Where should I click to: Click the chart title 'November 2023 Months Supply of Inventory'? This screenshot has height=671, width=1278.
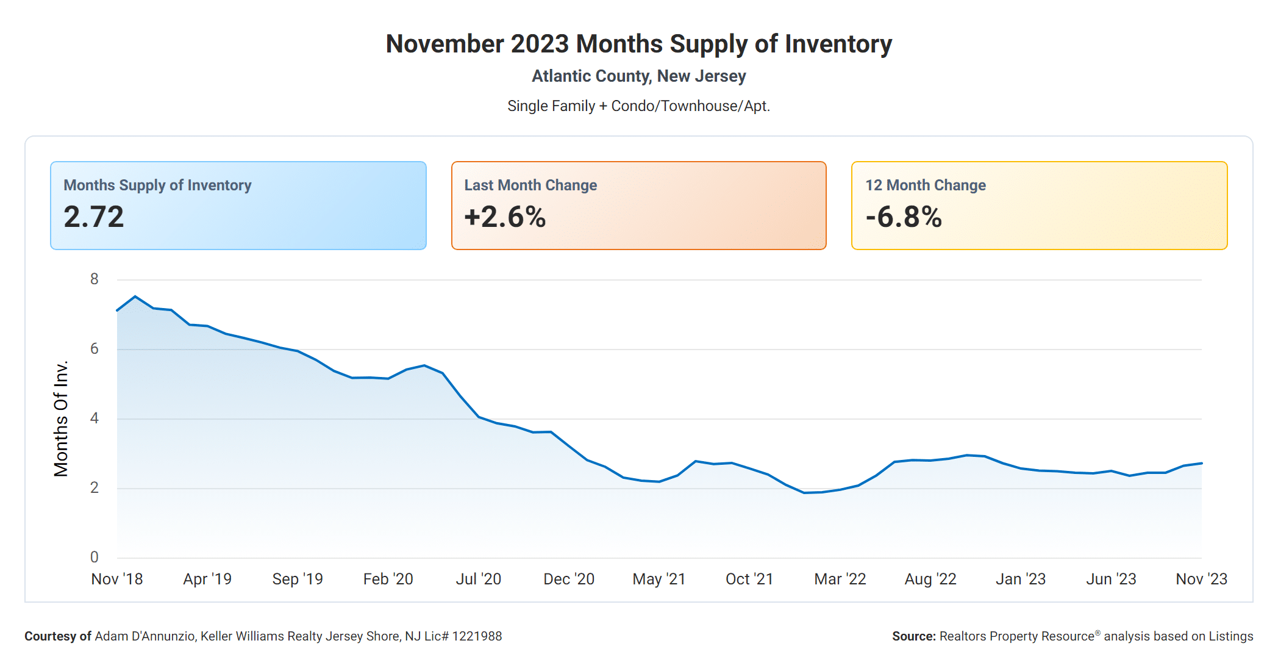click(x=638, y=44)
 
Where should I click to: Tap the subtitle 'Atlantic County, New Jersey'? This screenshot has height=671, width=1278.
click(x=638, y=76)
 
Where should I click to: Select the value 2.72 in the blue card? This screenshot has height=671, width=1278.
click(x=94, y=217)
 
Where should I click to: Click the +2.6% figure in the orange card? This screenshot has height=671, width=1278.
click(x=505, y=217)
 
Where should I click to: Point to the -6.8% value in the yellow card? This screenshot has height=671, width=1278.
click(x=904, y=217)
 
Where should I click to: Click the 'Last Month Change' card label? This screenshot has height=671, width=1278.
click(x=530, y=185)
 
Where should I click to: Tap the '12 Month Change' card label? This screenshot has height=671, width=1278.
click(x=925, y=185)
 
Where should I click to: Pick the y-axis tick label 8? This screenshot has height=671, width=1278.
click(x=94, y=279)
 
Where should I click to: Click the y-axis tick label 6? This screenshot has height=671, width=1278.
click(x=94, y=349)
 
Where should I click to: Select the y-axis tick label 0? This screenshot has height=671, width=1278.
click(x=94, y=557)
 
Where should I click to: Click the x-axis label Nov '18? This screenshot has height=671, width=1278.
click(x=117, y=579)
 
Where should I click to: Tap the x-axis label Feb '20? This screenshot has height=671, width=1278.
click(x=388, y=579)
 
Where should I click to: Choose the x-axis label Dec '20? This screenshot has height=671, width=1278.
click(x=569, y=579)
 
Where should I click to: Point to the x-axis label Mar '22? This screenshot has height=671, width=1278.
click(x=840, y=579)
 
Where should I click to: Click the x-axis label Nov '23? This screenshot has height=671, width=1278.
click(x=1201, y=579)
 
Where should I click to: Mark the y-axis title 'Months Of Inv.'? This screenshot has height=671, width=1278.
click(x=61, y=418)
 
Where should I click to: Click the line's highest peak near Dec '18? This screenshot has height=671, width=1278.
click(x=135, y=296)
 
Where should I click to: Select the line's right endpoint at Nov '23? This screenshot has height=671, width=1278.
click(x=1201, y=464)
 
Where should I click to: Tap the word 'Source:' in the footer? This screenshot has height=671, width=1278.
click(x=913, y=636)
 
